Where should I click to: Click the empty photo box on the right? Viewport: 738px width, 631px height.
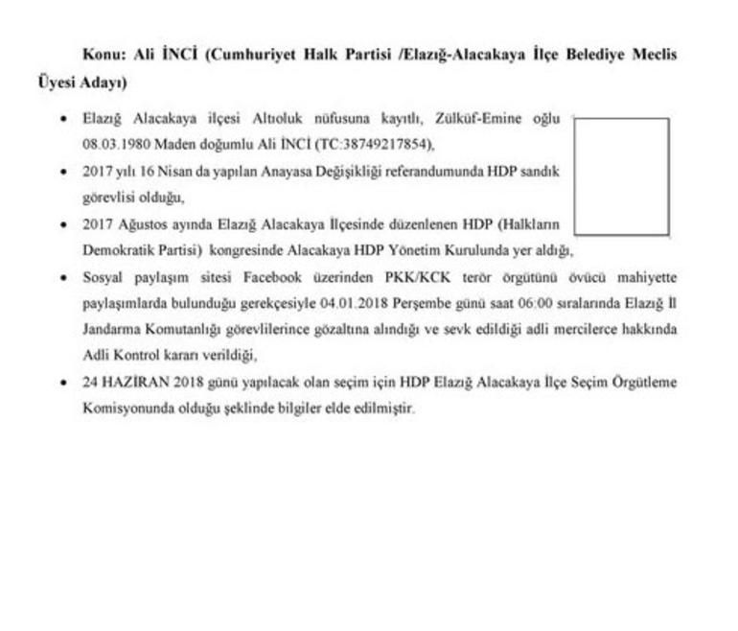(622, 176)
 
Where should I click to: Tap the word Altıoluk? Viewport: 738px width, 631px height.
(282, 119)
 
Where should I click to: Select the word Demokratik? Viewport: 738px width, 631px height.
(117, 250)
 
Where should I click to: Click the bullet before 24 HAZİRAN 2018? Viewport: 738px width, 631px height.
(63, 382)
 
